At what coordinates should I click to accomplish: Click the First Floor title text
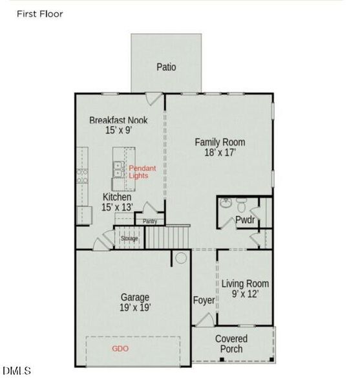coord(39,14)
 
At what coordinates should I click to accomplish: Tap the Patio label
coord(166,67)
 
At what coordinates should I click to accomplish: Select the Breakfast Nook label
coord(118,120)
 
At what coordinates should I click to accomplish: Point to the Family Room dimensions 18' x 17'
coord(220,153)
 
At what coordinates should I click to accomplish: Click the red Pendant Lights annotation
coord(142,172)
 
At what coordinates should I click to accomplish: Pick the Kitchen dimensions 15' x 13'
coord(117,207)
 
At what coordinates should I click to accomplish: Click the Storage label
coord(129,239)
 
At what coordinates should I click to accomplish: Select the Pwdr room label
coord(244,220)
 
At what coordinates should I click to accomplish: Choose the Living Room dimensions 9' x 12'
coord(245,294)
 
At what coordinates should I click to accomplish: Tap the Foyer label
coord(204,300)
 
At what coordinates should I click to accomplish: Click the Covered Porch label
coord(231,344)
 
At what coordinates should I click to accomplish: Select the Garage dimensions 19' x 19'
coord(135,308)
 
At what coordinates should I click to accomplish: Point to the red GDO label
coord(120,349)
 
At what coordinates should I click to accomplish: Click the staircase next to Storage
coord(166,237)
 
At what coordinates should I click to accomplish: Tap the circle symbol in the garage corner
coord(181,258)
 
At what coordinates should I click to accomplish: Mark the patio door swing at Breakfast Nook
coord(153,98)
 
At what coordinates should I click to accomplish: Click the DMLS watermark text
coord(17,371)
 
